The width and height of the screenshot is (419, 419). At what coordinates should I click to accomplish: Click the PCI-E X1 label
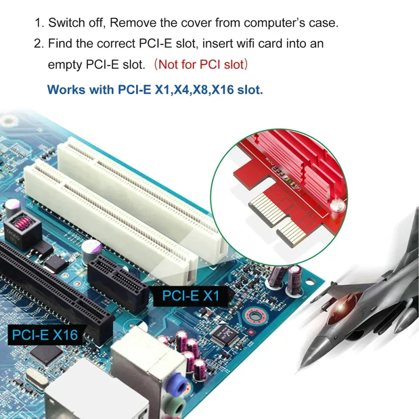coord(191,296)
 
